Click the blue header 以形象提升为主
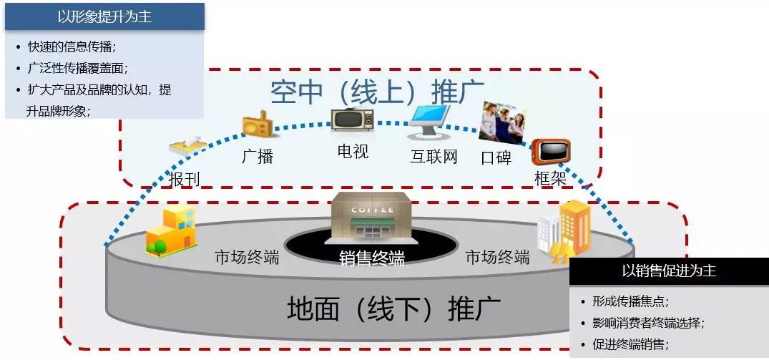click(104, 17)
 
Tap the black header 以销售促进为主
click(668, 271)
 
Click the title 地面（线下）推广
click(393, 309)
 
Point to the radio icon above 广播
click(257, 126)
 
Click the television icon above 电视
click(351, 120)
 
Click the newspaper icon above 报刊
click(187, 147)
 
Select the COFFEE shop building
click(371, 216)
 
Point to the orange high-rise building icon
click(574, 226)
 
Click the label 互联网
click(434, 157)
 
